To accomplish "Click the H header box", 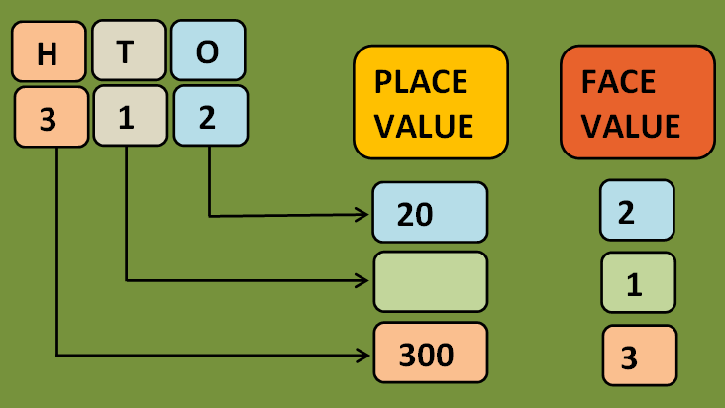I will (48, 52).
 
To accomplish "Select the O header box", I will (207, 52).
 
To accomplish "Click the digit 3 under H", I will (48, 118).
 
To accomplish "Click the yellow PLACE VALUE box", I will (430, 102).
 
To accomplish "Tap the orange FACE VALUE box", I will (637, 102).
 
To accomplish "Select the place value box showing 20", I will (430, 212).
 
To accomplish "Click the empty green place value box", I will (430, 281).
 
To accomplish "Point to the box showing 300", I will (430, 353).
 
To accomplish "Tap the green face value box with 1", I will (637, 283).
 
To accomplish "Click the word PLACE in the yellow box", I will (421, 81).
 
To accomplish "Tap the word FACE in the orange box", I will (618, 81).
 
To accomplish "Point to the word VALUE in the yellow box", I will (424, 127).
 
